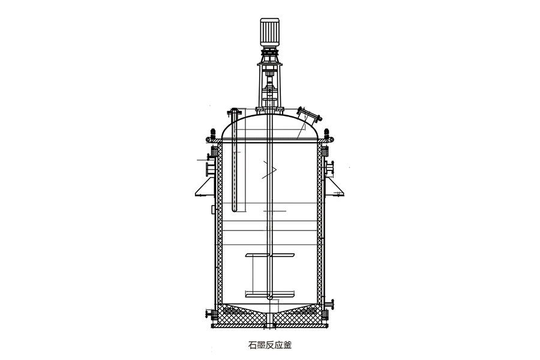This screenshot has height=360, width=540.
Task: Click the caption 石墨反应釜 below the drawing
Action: (x=269, y=345)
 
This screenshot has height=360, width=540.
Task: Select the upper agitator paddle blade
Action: (x=270, y=255)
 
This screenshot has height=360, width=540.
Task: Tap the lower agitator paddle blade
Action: (x=270, y=295)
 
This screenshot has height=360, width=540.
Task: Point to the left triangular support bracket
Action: (x=205, y=187)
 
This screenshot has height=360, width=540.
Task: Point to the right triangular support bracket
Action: (x=335, y=187)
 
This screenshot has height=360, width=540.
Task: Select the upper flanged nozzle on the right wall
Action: (x=329, y=168)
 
